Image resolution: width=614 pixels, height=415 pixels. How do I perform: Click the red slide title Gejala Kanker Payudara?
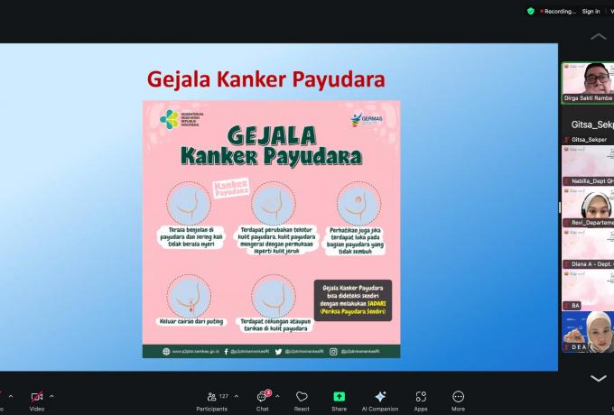coord(265,80)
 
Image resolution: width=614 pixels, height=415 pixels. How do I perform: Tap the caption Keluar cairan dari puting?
coord(192,319)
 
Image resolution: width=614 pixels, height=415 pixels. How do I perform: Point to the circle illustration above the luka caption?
coord(358,204)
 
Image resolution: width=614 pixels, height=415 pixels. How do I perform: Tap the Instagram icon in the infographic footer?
coord(333,351)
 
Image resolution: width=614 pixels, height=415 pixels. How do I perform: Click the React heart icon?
coord(302,398)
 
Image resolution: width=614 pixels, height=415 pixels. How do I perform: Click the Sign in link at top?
coord(591,12)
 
